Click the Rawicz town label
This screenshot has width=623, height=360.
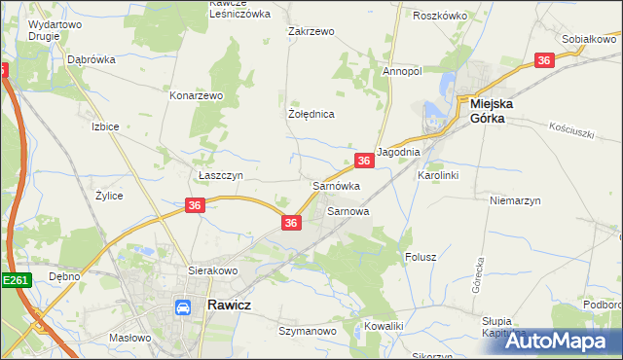(x=233, y=306)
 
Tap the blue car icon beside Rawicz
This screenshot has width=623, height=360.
(x=182, y=307)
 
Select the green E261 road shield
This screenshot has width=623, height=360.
(x=15, y=280)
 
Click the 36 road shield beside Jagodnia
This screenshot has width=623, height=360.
(x=363, y=161)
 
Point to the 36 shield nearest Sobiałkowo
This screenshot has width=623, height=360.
(x=545, y=60)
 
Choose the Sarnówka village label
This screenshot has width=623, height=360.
(x=336, y=185)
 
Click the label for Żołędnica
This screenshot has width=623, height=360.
(x=311, y=114)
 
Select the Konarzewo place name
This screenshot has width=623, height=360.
(x=198, y=96)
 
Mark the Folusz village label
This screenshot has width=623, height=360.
(x=420, y=257)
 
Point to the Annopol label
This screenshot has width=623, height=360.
(x=401, y=72)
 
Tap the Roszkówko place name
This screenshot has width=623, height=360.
(x=440, y=17)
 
